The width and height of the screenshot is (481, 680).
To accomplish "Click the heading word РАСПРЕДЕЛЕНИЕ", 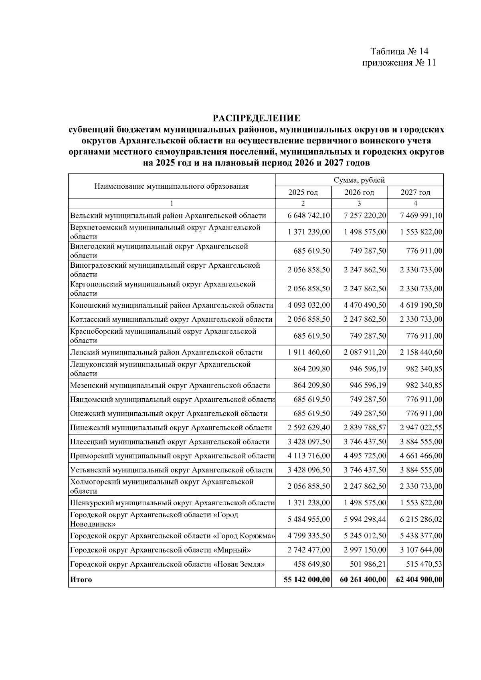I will coord(256,118).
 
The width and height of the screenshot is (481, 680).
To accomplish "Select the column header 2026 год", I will coord(359,192).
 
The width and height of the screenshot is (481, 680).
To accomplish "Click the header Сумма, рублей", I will coord(359,180).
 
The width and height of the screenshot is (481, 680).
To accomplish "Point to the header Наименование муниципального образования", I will coord(172,186).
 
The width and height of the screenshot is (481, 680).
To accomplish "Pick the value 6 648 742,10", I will coord(309,216).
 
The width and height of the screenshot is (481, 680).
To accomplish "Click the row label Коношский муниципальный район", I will coord(172,305).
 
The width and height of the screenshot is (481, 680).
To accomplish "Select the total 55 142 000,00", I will coord(307,579).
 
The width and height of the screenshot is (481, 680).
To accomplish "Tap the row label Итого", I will coord(81,579).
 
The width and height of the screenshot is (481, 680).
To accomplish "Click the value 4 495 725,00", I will coord(365,456).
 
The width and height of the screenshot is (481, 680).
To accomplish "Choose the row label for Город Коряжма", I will coord(172,536).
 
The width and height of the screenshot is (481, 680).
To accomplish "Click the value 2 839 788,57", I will coord(365,428).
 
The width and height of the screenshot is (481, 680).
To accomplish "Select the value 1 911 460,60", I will coord(309,352).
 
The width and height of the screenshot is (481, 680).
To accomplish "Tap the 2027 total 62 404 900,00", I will coord(419,579).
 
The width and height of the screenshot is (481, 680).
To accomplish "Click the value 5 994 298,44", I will coord(365,519).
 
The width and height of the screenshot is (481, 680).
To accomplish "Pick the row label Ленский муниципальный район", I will coord(166,352).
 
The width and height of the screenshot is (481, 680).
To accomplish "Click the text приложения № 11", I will coord(399,63).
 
